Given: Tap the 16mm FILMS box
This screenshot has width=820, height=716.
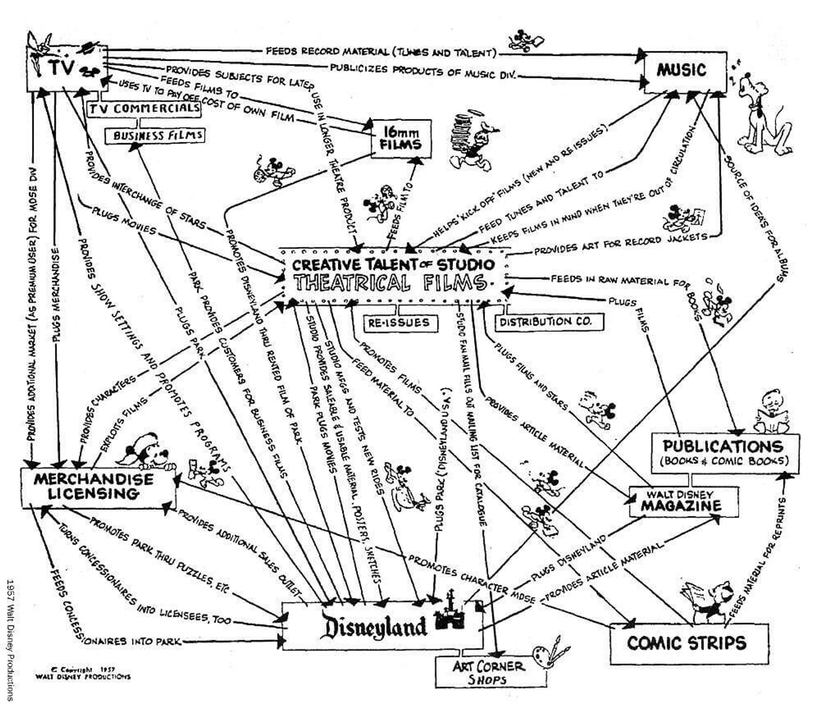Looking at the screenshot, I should pyautogui.click(x=401, y=139).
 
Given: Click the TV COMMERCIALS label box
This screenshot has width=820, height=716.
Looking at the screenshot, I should pyautogui.click(x=144, y=108).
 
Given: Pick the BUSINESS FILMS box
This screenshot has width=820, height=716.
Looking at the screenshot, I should pyautogui.click(x=155, y=136).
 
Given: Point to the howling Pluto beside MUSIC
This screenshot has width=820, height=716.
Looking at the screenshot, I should pyautogui.click(x=764, y=115).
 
